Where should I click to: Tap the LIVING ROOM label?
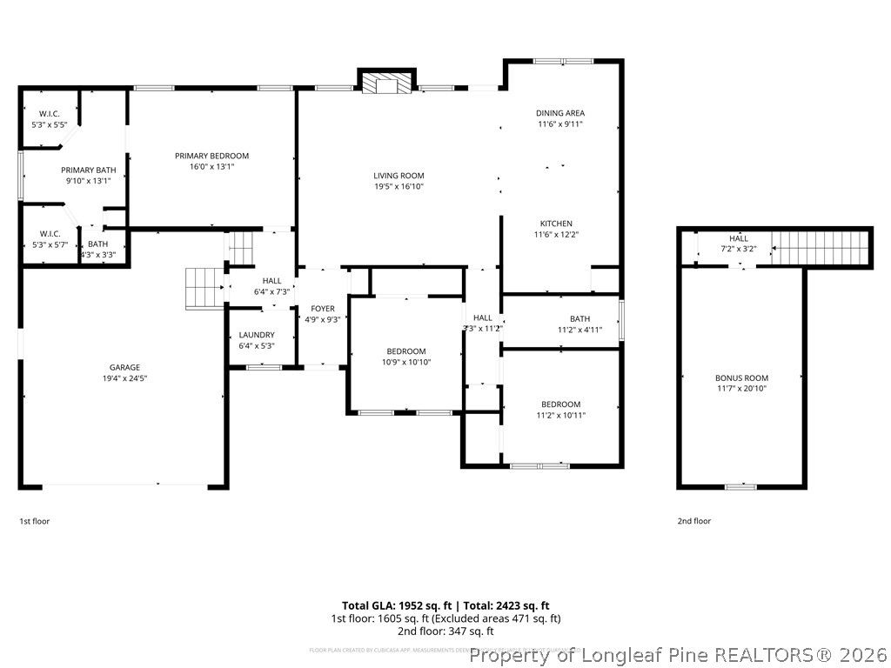click(x=399, y=176)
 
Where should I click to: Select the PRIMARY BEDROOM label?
click(x=211, y=156)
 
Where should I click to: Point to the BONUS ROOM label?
click(x=741, y=377)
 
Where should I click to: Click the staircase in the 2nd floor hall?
click(x=821, y=247)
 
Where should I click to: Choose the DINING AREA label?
click(x=559, y=113)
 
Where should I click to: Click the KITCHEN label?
click(x=555, y=224)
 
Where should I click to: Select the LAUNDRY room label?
click(x=257, y=335)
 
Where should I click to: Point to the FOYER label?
click(x=323, y=309)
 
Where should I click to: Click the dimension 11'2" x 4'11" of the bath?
click(x=579, y=330)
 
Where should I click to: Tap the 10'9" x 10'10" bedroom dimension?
click(x=406, y=362)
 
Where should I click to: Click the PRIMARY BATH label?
click(x=88, y=170)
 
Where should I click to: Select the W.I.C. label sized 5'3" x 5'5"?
click(x=49, y=114)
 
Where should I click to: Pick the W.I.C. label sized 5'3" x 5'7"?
click(x=49, y=233)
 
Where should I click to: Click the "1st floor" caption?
click(x=35, y=521)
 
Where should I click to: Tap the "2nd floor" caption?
click(x=693, y=521)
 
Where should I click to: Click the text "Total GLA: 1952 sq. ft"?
click(x=396, y=605)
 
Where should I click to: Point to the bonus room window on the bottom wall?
click(x=740, y=486)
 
